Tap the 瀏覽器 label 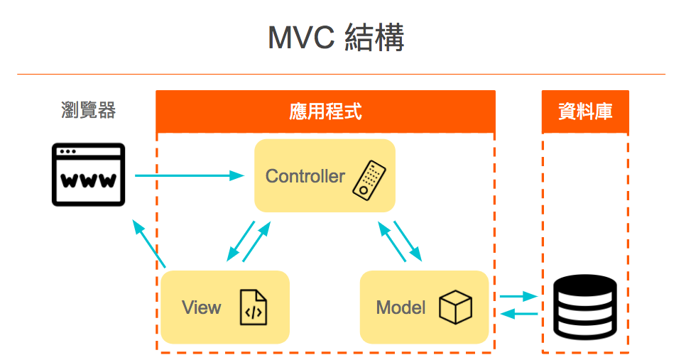point(89,110)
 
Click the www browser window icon point(89,175)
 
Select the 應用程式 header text point(325,111)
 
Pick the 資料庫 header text point(585,111)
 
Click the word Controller point(305,176)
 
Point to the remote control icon point(368,180)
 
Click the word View point(201,307)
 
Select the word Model point(401,307)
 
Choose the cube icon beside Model point(455,307)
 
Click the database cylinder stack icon point(585,306)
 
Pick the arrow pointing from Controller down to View point(241,241)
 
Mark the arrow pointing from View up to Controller point(257,242)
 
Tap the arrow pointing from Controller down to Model point(408,241)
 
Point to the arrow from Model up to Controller point(392,242)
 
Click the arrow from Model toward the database point(518,297)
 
